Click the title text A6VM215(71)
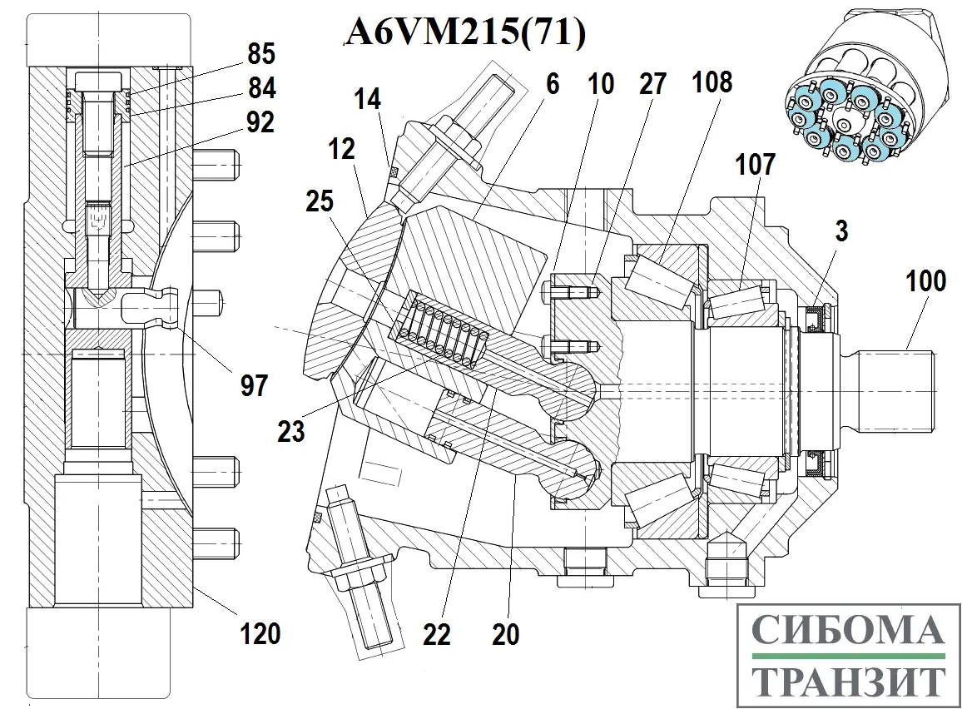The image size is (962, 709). (466, 33)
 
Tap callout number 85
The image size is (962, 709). (260, 55)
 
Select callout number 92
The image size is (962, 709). (260, 122)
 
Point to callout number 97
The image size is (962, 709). (255, 384)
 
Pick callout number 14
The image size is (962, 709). (367, 100)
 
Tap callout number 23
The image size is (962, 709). (291, 430)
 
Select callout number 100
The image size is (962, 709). (926, 281)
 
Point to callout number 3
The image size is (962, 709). (841, 231)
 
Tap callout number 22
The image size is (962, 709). (436, 634)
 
